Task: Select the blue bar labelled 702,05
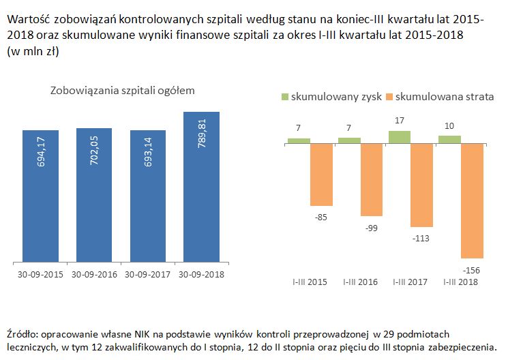(x=94, y=194)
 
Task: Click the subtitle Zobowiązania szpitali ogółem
(x=123, y=90)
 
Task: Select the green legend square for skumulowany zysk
(x=286, y=97)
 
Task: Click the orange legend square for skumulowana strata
(x=390, y=97)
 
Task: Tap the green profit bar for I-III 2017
(x=400, y=137)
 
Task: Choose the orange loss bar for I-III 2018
(x=472, y=201)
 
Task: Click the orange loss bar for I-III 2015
(x=321, y=175)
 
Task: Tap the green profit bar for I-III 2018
(x=449, y=140)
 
